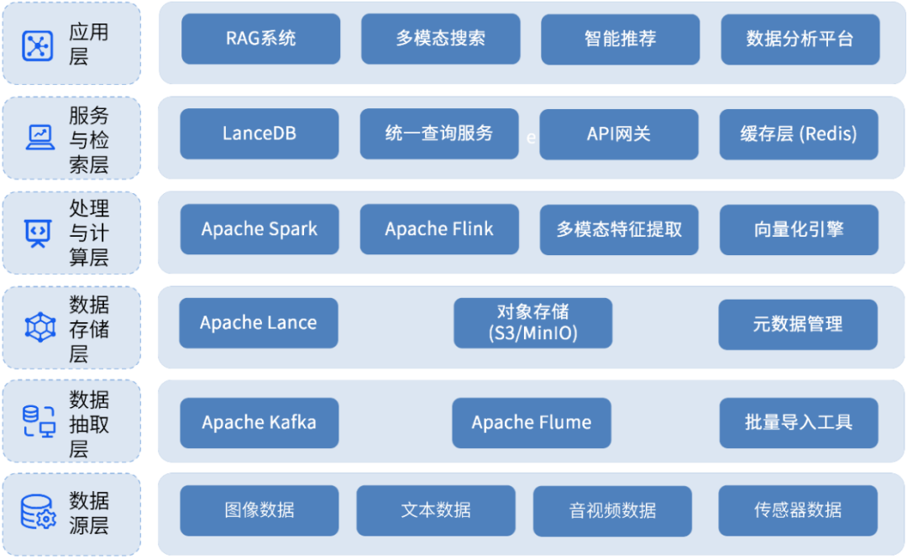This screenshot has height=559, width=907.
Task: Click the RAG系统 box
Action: [x=260, y=39]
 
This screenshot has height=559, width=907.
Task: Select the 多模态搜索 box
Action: [x=440, y=39]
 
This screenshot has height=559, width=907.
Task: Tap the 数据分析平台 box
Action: [x=800, y=39]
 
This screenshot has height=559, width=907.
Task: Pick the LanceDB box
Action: [x=260, y=134]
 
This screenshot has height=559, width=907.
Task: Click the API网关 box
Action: [x=618, y=134]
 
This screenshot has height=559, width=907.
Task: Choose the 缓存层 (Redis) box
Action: [x=799, y=134]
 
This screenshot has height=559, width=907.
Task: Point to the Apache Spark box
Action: [x=260, y=229]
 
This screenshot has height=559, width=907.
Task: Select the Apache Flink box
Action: [x=439, y=229]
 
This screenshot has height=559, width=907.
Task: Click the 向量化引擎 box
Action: [x=799, y=229]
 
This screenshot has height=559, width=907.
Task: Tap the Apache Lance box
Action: [x=259, y=323]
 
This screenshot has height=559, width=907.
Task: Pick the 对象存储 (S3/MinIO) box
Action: [x=532, y=323]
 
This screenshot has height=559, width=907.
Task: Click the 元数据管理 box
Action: [x=798, y=323]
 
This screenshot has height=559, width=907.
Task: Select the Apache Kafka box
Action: [x=260, y=423]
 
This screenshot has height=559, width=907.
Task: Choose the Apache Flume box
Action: [x=532, y=423]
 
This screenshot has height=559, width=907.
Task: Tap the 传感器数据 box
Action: [x=798, y=510]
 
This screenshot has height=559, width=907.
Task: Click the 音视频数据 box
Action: [x=612, y=510]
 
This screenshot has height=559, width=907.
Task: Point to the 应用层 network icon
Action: [x=38, y=44]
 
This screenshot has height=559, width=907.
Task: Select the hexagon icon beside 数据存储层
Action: [x=39, y=327]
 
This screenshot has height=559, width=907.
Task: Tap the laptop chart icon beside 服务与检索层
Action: [x=39, y=137]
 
